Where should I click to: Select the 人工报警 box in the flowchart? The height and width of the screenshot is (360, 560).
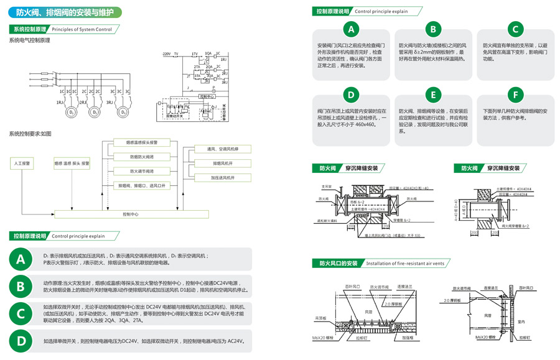pyautogui.click(x=22, y=163)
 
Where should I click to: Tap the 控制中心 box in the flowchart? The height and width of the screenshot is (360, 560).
pyautogui.click(x=131, y=214)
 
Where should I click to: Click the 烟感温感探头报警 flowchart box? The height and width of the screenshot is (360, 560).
pyautogui.click(x=142, y=142)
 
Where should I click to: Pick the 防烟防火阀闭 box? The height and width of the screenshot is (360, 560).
pyautogui.click(x=142, y=157)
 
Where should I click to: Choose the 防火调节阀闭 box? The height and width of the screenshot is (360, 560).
pyautogui.click(x=142, y=171)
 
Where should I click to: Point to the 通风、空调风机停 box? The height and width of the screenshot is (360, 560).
pyautogui.click(x=222, y=149)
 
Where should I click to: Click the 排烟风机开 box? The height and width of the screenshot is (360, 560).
pyautogui.click(x=222, y=164)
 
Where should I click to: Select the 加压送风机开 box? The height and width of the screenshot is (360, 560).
pyautogui.click(x=222, y=178)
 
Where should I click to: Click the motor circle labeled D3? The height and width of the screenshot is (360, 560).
pyautogui.click(x=123, y=113)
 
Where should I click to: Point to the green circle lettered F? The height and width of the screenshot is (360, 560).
pyautogui.click(x=515, y=95)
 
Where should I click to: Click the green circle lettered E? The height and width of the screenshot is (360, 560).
pyautogui.click(x=433, y=95)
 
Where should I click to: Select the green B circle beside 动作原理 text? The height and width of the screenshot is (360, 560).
pyautogui.click(x=21, y=286)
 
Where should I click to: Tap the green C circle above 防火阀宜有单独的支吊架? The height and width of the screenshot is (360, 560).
pyautogui.click(x=515, y=29)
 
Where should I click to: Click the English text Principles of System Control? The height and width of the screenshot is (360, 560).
pyautogui.click(x=82, y=29)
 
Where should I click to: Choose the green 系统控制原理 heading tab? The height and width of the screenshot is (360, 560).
pyautogui.click(x=27, y=29)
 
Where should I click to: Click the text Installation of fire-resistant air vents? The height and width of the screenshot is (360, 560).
pyautogui.click(x=404, y=264)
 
